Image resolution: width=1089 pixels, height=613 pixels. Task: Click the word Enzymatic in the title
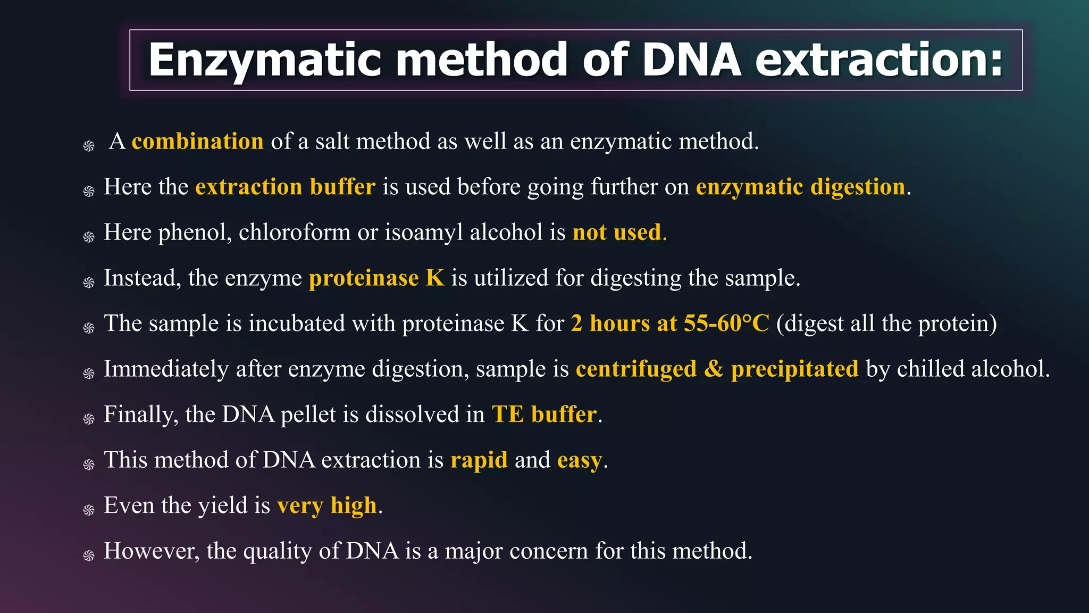pyautogui.click(x=265, y=60)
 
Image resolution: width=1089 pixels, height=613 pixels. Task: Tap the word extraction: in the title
pyautogui.click(x=879, y=60)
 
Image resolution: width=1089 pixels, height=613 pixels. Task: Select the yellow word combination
pyautogui.click(x=197, y=142)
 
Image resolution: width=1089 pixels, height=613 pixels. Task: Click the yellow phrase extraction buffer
pyautogui.click(x=285, y=187)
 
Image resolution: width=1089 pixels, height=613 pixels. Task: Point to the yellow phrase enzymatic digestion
pyautogui.click(x=800, y=187)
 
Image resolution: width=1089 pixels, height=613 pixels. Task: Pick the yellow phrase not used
pyautogui.click(x=617, y=233)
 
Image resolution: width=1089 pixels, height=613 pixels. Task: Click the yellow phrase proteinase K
pyautogui.click(x=376, y=278)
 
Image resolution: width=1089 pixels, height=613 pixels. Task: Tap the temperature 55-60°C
pyautogui.click(x=726, y=324)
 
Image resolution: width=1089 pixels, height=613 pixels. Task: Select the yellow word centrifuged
pyautogui.click(x=636, y=369)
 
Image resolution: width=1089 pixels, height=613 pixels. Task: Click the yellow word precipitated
pyautogui.click(x=794, y=369)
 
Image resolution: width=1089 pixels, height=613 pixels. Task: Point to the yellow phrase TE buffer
pyautogui.click(x=544, y=415)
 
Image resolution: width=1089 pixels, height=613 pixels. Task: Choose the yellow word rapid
pyautogui.click(x=479, y=460)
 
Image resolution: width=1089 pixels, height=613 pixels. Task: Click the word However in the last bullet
pyautogui.click(x=151, y=551)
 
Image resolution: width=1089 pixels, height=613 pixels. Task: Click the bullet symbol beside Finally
pyautogui.click(x=89, y=419)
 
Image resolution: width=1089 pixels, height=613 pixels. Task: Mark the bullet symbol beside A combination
pyautogui.click(x=89, y=146)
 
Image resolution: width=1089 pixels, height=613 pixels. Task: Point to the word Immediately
pyautogui.click(x=166, y=369)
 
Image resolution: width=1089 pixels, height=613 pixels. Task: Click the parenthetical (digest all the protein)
pyautogui.click(x=886, y=324)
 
